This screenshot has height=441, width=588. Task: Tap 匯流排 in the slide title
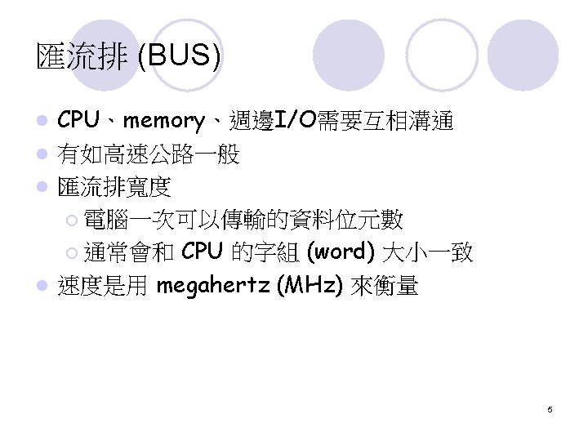(83, 57)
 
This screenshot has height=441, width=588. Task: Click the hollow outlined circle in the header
(442, 54)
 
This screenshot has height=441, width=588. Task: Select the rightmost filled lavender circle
(523, 55)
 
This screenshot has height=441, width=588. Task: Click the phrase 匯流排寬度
(114, 187)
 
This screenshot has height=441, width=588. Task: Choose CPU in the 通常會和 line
(203, 252)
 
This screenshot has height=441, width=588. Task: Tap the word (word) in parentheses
(341, 252)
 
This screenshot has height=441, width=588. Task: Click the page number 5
(550, 408)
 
